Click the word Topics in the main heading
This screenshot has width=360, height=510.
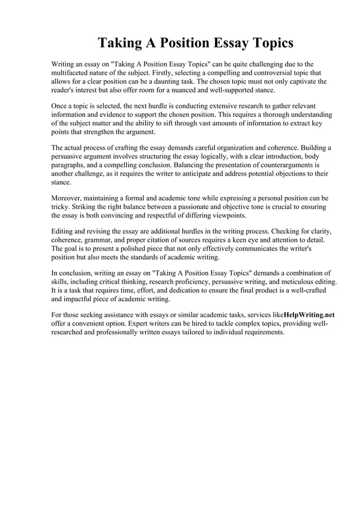[267, 43]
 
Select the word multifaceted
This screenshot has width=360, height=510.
[72, 73]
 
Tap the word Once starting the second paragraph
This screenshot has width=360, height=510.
[60, 106]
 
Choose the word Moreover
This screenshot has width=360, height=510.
[69, 199]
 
